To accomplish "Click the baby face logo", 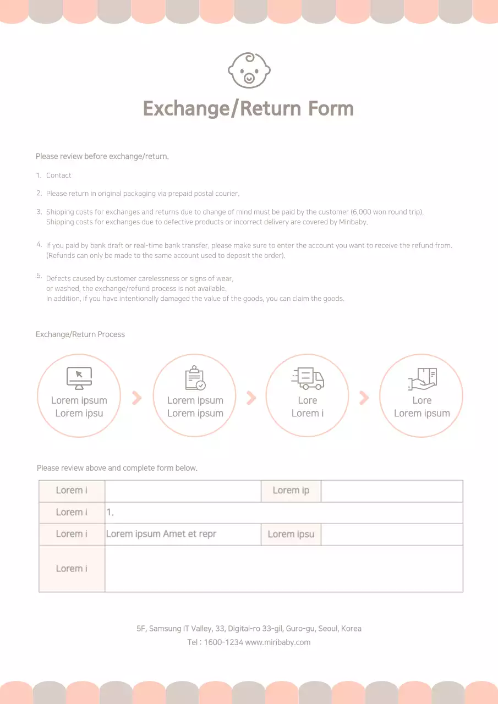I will (x=249, y=70).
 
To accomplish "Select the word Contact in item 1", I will (x=58, y=175).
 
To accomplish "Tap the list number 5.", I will (x=39, y=276).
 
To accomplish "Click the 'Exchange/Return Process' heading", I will (x=80, y=334).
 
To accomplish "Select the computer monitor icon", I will (x=79, y=378).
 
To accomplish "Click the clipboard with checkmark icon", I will (x=195, y=378).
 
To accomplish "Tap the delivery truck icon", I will (x=308, y=378).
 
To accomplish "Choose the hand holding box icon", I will (x=422, y=378).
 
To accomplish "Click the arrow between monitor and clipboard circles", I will (x=137, y=398).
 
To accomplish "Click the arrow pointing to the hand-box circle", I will (x=364, y=398).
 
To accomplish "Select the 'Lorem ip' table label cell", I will (x=291, y=491).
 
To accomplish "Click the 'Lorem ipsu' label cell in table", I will (x=291, y=534).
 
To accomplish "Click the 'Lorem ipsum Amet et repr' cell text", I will (x=161, y=534).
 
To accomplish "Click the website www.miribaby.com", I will (x=278, y=642).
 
